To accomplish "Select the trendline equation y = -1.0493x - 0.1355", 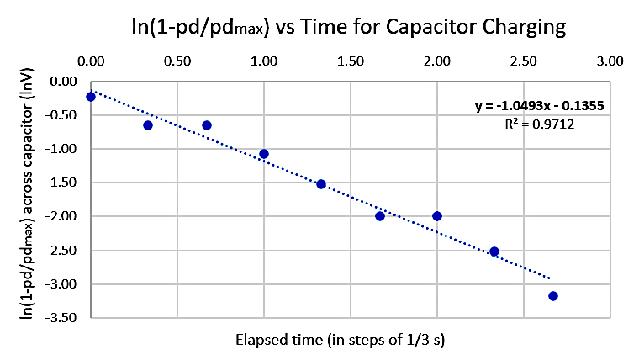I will [539, 106].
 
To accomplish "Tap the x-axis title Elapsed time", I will [351, 341].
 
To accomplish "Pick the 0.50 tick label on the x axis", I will [177, 61].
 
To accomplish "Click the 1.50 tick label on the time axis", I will [350, 61].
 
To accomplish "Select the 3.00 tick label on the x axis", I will [609, 61].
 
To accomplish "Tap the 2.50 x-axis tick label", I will [522, 61].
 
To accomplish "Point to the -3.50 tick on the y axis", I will [66, 318].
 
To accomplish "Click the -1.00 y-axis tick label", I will [66, 149].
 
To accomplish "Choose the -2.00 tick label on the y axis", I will [66, 216].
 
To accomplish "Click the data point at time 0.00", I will [91, 97].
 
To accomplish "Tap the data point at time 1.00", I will [264, 154].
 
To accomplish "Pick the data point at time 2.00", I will [437, 216].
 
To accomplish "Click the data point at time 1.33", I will [321, 184].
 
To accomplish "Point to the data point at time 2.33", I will [494, 251].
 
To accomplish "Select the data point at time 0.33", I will [148, 125].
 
